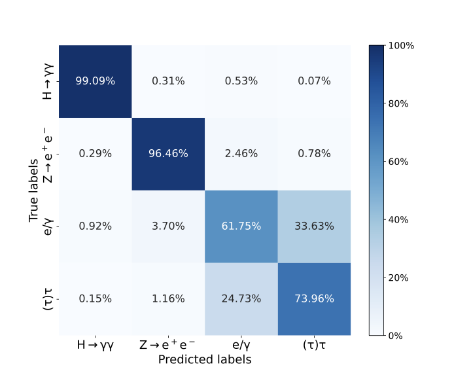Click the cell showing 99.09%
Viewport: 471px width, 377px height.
coord(96,81)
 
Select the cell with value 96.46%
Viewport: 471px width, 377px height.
coord(168,154)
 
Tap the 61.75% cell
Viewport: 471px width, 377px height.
coord(241,226)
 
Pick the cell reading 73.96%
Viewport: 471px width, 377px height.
coord(313,299)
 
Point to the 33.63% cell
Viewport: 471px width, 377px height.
coord(313,226)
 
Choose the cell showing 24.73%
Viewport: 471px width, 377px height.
coord(241,299)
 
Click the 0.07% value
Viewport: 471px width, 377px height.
coord(313,81)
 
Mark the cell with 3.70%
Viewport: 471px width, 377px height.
coord(168,226)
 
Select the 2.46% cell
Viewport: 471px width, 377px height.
coord(241,154)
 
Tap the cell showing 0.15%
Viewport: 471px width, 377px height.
coord(96,299)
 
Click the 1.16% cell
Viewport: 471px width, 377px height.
coord(168,299)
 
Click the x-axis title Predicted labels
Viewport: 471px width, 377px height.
coord(204,359)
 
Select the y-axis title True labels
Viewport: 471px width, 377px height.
coord(35,190)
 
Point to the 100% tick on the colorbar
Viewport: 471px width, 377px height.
coord(402,46)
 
